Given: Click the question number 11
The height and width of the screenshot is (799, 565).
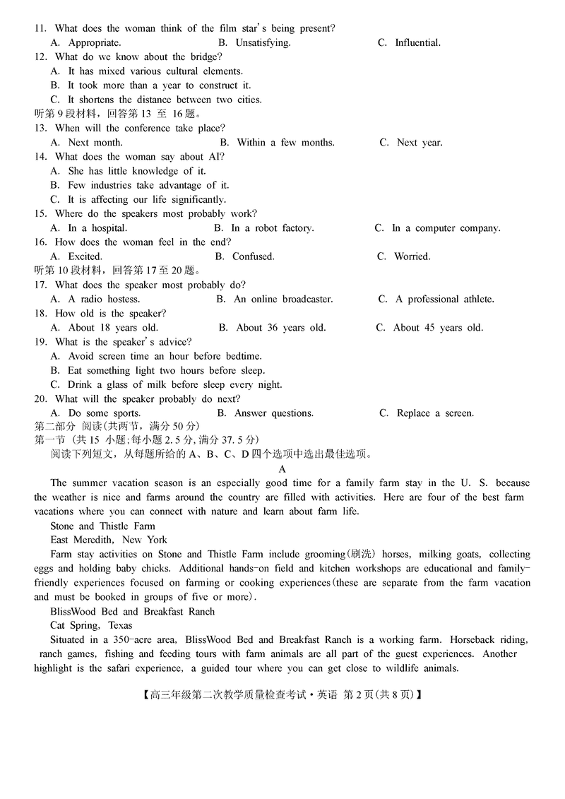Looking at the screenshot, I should click(40, 28).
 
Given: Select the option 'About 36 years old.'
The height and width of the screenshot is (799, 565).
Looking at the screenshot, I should click(272, 327).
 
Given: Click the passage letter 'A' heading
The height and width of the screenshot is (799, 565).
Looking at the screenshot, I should click(282, 469).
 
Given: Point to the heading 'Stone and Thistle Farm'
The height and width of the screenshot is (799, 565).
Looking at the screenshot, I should click(103, 526).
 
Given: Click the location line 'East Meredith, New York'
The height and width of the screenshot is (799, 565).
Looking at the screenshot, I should click(109, 540).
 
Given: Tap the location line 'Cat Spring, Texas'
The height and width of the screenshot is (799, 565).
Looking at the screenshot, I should click(91, 625).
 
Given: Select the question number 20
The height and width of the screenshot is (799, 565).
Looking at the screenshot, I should click(40, 398).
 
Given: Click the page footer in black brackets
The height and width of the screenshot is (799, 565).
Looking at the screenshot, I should click(282, 694).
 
